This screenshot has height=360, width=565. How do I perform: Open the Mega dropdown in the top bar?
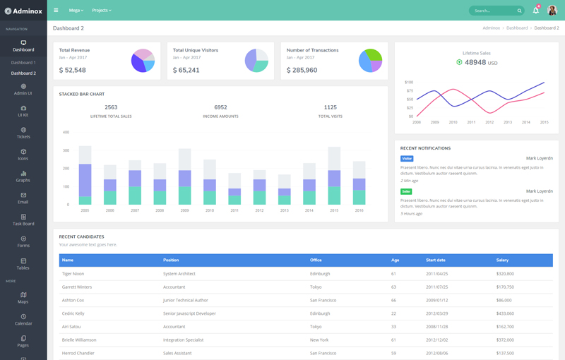(x=76, y=11)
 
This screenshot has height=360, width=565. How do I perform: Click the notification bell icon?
(x=535, y=11)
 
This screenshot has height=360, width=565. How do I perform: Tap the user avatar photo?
(x=552, y=11)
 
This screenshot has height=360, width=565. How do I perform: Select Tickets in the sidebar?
(x=23, y=133)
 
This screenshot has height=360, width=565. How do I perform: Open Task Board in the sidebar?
(x=23, y=220)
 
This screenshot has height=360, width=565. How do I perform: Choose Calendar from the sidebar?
(x=23, y=320)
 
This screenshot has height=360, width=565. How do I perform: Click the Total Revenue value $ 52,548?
(x=73, y=70)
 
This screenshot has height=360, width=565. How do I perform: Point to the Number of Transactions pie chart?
(x=370, y=61)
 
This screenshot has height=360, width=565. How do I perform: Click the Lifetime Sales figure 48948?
(x=475, y=62)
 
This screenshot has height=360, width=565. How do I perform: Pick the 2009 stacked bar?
(x=185, y=176)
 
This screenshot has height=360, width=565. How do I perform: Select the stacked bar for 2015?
(x=334, y=176)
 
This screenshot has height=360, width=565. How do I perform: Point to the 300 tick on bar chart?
(x=66, y=150)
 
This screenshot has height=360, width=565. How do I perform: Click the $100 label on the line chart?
(x=409, y=83)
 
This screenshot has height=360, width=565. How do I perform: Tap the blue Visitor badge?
(x=407, y=159)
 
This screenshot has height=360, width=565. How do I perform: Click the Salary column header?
(x=502, y=260)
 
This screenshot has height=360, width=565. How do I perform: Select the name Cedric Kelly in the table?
(x=73, y=313)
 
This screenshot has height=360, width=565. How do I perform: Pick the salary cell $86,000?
(x=504, y=300)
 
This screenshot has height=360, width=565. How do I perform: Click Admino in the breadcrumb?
(x=491, y=28)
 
